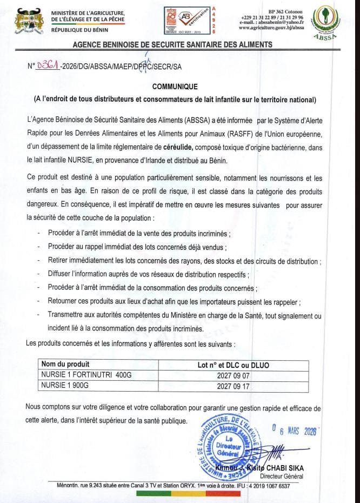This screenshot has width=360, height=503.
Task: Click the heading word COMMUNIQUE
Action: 175,87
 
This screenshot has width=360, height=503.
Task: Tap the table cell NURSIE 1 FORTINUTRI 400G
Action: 79,373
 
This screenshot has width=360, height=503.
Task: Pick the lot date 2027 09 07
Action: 234,374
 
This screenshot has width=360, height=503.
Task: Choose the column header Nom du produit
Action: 65,365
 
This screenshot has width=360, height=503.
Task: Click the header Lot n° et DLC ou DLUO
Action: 234,365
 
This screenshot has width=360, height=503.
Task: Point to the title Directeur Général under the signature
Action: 281,476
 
